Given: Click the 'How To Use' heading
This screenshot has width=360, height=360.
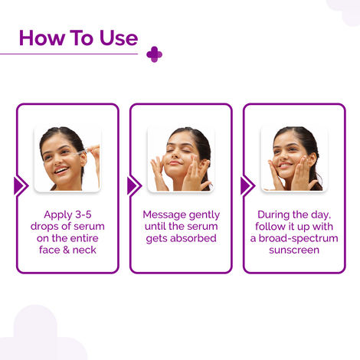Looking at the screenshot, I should [78, 38].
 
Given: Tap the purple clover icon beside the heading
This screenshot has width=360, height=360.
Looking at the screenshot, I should [154, 54].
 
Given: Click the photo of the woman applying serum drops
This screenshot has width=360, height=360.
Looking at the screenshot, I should [67, 159].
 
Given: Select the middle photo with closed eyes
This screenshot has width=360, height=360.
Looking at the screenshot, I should [181, 159].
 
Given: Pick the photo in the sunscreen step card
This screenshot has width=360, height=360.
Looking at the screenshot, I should [294, 159].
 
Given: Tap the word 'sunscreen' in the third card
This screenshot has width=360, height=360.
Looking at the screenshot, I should [294, 250].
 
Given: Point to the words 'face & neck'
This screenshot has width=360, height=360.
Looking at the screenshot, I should [67, 250].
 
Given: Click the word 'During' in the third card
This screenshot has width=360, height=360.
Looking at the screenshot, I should [277, 214].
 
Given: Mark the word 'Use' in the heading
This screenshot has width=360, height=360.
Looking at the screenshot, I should [117, 38].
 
